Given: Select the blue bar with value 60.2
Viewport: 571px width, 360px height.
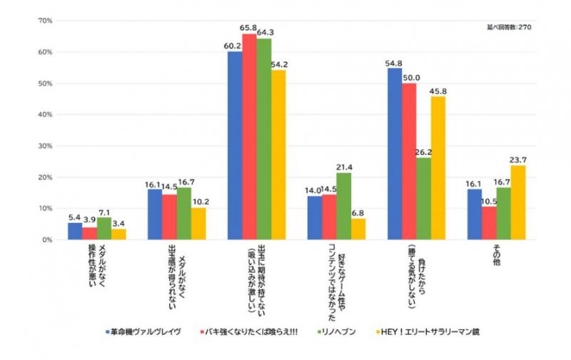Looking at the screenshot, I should [x=235, y=146].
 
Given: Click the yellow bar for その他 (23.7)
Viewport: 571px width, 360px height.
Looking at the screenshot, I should [x=518, y=203].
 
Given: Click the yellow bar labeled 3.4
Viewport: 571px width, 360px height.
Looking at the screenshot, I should [x=118, y=234].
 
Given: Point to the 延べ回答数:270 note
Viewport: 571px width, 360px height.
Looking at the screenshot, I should [x=508, y=27].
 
